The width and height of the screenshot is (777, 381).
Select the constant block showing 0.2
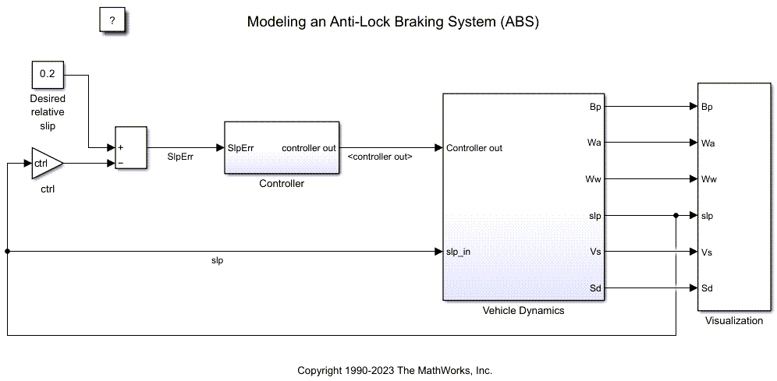[x=47, y=76]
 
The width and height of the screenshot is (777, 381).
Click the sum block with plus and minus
[x=130, y=146]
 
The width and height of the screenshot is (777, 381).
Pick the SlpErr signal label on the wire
[x=181, y=156]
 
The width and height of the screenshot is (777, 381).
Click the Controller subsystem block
[x=282, y=148]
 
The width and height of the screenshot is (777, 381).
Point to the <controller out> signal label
[x=380, y=157]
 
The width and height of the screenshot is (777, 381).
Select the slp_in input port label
[x=458, y=252]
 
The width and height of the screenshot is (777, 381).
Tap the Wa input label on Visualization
[x=708, y=143]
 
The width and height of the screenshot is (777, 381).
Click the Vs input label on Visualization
[x=707, y=252]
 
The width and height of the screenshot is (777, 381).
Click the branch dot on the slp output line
[x=676, y=216]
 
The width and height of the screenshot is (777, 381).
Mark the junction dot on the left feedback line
[x=7, y=252]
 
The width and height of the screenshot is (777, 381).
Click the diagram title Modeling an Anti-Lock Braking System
[x=392, y=22]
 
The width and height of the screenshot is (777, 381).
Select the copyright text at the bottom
[x=395, y=370]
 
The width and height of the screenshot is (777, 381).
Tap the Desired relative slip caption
[x=48, y=112]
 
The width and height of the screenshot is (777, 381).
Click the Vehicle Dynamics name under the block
[x=523, y=310]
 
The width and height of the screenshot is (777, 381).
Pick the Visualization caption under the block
[x=733, y=320]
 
